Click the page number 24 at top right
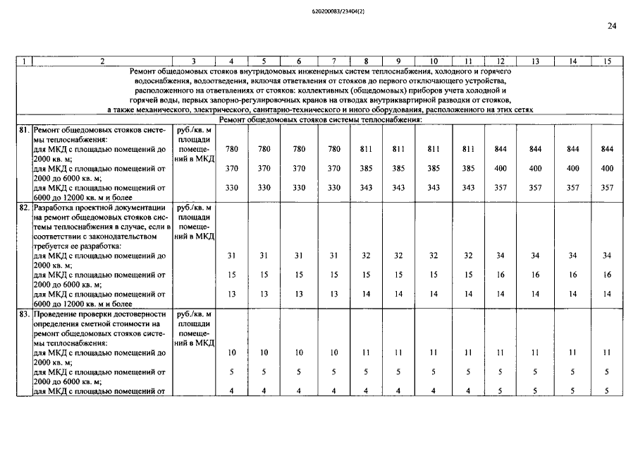(x=611, y=26)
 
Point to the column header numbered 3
(x=194, y=61)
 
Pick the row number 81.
(x=25, y=131)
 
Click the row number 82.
(x=25, y=208)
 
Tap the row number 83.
(x=25, y=314)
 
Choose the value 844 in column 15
(x=607, y=150)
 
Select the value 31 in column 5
(x=264, y=256)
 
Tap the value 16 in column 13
(x=535, y=275)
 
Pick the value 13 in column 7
(x=334, y=294)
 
